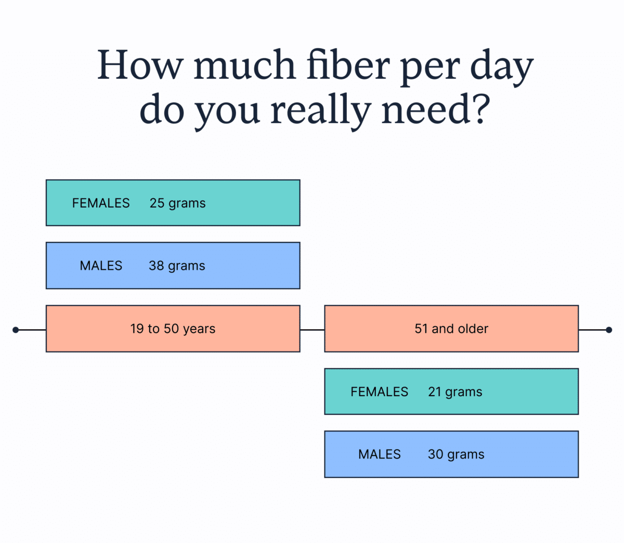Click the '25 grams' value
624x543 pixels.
pyautogui.click(x=177, y=203)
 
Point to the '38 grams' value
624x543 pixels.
pyautogui.click(x=177, y=266)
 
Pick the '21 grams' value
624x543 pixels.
pyautogui.click(x=455, y=392)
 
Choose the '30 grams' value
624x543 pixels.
pyautogui.click(x=456, y=455)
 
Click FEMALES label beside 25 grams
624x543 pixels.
pyautogui.click(x=101, y=203)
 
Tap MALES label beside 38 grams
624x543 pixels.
pyautogui.click(x=101, y=266)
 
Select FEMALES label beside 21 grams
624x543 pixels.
pyautogui.click(x=379, y=392)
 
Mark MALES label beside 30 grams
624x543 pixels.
pyautogui.click(x=380, y=455)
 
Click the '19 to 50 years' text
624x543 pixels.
pyautogui.click(x=173, y=329)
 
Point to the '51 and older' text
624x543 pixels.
pyautogui.click(x=451, y=329)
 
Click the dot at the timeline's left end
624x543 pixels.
pyautogui.click(x=16, y=330)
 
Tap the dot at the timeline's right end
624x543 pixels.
pyautogui.click(x=609, y=330)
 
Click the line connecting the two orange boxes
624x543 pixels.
pyautogui.click(x=312, y=330)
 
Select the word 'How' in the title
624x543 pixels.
pyautogui.click(x=139, y=65)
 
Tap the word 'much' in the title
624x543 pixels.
pyautogui.click(x=244, y=65)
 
